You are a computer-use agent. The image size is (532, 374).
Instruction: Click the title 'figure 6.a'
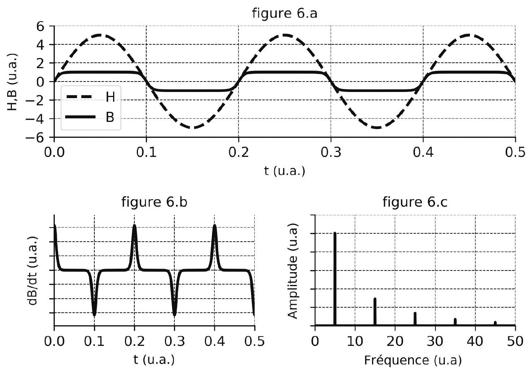tap(285, 13)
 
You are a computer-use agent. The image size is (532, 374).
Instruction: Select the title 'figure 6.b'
tap(155, 202)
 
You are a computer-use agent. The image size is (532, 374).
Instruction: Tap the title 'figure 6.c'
tap(415, 202)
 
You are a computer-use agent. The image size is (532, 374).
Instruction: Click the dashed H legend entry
tap(90, 97)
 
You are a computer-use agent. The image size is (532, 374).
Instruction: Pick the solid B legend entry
tap(90, 117)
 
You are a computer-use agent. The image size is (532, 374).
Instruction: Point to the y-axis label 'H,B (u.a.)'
tap(12, 82)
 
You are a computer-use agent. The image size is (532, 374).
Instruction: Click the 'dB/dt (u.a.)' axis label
tap(33, 271)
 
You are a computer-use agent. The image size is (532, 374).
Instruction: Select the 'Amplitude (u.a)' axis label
tap(292, 271)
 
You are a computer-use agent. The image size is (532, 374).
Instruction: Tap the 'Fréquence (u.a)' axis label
tap(413, 360)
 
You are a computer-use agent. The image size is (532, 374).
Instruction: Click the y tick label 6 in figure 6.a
tap(40, 26)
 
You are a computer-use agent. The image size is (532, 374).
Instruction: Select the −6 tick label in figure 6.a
tap(35, 137)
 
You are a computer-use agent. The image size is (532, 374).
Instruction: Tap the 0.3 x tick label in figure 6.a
tap(331, 152)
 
